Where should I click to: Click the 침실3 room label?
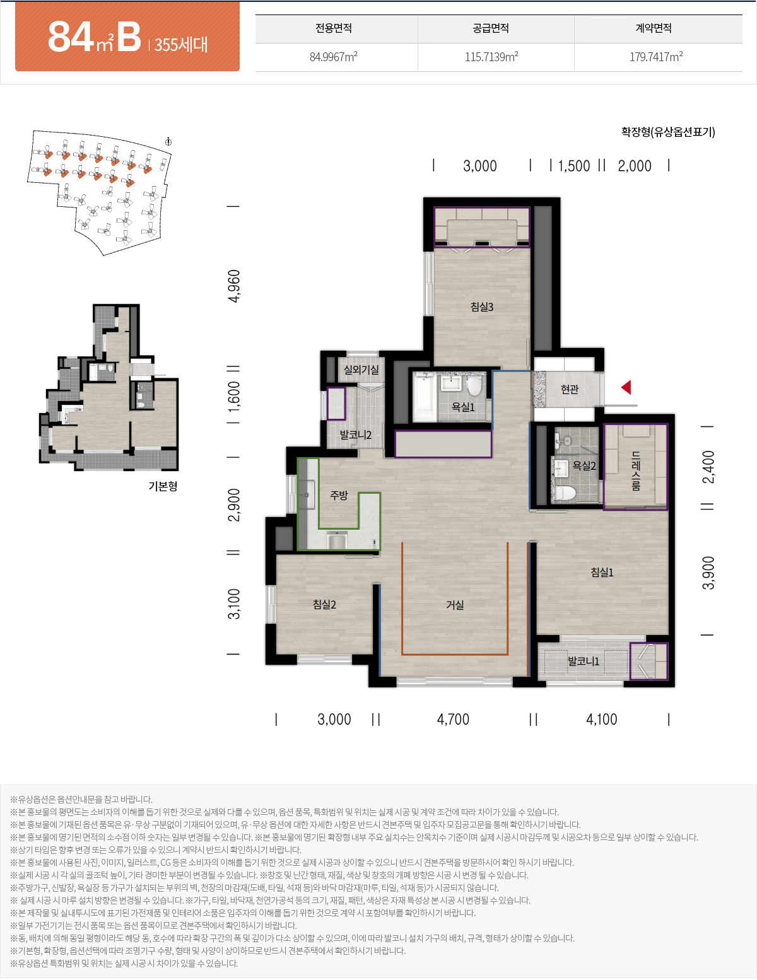click(481, 306)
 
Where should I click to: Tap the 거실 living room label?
click(455, 605)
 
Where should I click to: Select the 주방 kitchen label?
click(339, 495)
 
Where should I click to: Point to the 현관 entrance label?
click(570, 388)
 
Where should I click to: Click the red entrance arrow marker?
click(626, 387)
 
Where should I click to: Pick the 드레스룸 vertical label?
click(636, 470)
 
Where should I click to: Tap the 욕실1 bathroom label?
click(463, 407)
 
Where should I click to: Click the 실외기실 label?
click(361, 370)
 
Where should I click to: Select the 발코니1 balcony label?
click(583, 661)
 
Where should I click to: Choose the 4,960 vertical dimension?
click(234, 286)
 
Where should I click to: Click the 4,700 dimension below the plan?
click(453, 719)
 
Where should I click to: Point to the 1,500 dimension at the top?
click(574, 166)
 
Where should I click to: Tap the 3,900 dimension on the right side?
click(708, 573)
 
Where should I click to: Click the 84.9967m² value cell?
click(333, 56)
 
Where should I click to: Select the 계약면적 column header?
click(654, 28)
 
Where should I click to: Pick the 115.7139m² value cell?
click(491, 56)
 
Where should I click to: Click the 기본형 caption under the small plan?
click(163, 486)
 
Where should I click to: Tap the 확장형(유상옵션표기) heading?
click(668, 132)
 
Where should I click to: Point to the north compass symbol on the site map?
click(168, 142)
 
